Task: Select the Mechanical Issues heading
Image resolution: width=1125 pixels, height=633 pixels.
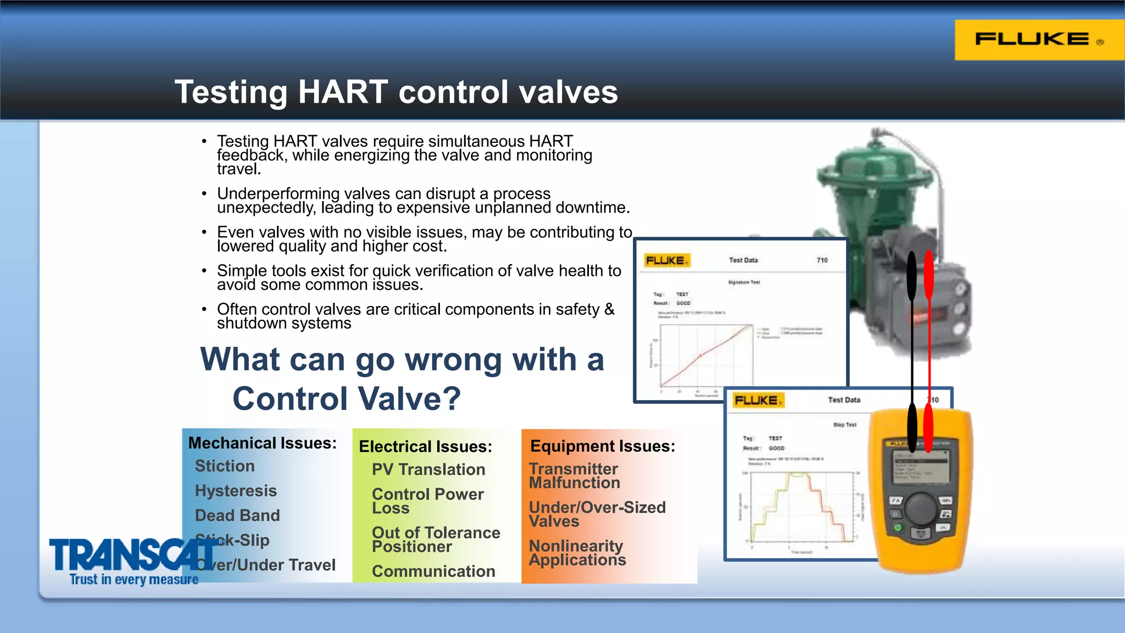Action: [x=262, y=443]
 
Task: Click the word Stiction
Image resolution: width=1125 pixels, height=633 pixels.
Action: [x=225, y=466]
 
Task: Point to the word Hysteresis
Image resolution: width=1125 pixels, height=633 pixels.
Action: [x=236, y=491]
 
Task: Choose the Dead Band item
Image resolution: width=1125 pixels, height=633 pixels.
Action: [x=237, y=515]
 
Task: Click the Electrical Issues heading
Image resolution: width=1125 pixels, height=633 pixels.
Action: [x=425, y=447]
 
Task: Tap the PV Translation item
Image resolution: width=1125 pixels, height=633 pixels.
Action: [x=428, y=470]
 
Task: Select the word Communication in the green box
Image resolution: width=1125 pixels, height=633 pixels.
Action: [x=433, y=571]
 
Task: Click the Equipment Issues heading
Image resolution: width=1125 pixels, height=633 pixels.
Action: [x=602, y=446]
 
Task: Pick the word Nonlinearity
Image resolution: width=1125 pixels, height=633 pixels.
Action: [x=576, y=546]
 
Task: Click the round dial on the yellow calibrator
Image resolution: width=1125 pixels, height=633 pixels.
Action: [x=921, y=508]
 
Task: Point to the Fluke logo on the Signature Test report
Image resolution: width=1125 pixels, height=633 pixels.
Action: [x=666, y=260]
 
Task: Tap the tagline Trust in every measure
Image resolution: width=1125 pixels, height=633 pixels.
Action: [x=133, y=580]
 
